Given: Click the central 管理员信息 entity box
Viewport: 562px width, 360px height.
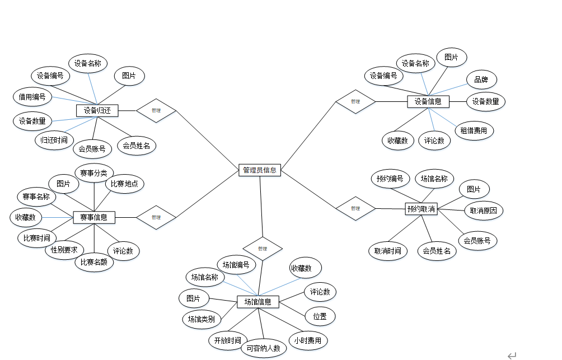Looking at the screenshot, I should (260, 170).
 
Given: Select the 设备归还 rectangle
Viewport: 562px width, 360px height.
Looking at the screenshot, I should (97, 110).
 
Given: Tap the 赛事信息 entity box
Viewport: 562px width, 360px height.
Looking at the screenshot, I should (94, 217).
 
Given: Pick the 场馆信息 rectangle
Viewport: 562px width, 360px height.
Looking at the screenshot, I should (257, 302).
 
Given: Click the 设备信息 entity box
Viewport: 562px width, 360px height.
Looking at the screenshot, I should (428, 101).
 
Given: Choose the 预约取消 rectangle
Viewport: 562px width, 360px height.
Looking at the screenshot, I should (421, 209).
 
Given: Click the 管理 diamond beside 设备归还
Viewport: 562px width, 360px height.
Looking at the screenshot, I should (156, 110).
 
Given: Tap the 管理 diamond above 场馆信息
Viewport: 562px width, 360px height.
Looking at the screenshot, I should (263, 248).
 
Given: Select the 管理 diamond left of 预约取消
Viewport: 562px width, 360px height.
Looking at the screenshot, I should (355, 208).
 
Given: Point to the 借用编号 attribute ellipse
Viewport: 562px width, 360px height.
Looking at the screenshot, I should (32, 97).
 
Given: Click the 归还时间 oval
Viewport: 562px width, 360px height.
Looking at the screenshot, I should (54, 139).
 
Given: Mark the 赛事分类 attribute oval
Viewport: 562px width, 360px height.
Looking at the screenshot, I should (95, 172).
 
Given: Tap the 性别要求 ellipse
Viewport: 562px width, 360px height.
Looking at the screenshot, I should (64, 249).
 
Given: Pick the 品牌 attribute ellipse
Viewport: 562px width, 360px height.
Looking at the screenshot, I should (481, 80).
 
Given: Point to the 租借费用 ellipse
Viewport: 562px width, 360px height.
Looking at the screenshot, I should (474, 131).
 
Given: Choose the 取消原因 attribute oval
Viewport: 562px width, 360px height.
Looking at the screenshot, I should (484, 211).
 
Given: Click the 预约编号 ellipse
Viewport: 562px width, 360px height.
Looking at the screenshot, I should (390, 179).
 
